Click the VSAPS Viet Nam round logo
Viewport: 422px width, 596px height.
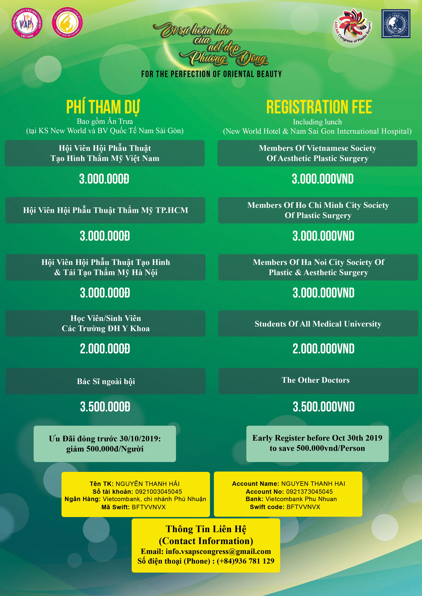[27, 23]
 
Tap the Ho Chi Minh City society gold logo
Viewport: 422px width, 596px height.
[67, 22]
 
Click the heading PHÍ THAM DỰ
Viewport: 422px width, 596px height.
[103, 107]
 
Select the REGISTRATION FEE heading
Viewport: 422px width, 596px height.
[319, 107]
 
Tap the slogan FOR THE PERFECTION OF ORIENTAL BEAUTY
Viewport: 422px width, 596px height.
[211, 74]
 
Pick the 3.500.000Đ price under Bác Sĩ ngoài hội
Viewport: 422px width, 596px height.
[105, 407]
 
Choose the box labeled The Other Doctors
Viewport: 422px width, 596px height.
[318, 381]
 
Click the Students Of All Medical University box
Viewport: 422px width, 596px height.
[318, 324]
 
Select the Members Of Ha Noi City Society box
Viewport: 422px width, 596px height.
[318, 267]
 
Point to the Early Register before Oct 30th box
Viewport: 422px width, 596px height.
[317, 444]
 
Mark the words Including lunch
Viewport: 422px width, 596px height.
[317, 122]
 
